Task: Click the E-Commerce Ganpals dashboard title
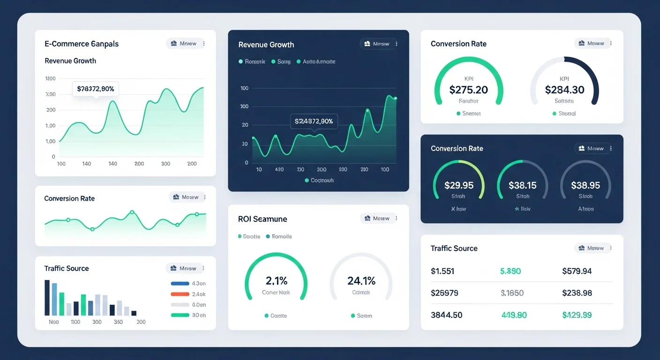point(82,44)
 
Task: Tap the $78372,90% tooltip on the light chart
point(96,89)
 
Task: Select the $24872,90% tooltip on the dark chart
point(314,121)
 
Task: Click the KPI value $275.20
point(468,90)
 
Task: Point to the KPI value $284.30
point(564,90)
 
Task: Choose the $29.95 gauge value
point(458,185)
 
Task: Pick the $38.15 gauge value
point(522,185)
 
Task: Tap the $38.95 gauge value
point(585,185)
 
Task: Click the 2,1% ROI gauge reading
point(277,281)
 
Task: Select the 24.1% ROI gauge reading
point(361,281)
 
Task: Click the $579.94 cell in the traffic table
point(577,271)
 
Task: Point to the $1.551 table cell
point(442,271)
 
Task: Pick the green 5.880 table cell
point(510,271)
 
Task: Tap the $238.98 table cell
point(577,293)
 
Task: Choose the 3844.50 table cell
point(446,315)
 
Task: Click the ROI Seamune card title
point(262,219)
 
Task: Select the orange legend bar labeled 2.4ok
point(180,294)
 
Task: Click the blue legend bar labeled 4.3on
point(180,284)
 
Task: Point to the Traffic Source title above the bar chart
point(67,268)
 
